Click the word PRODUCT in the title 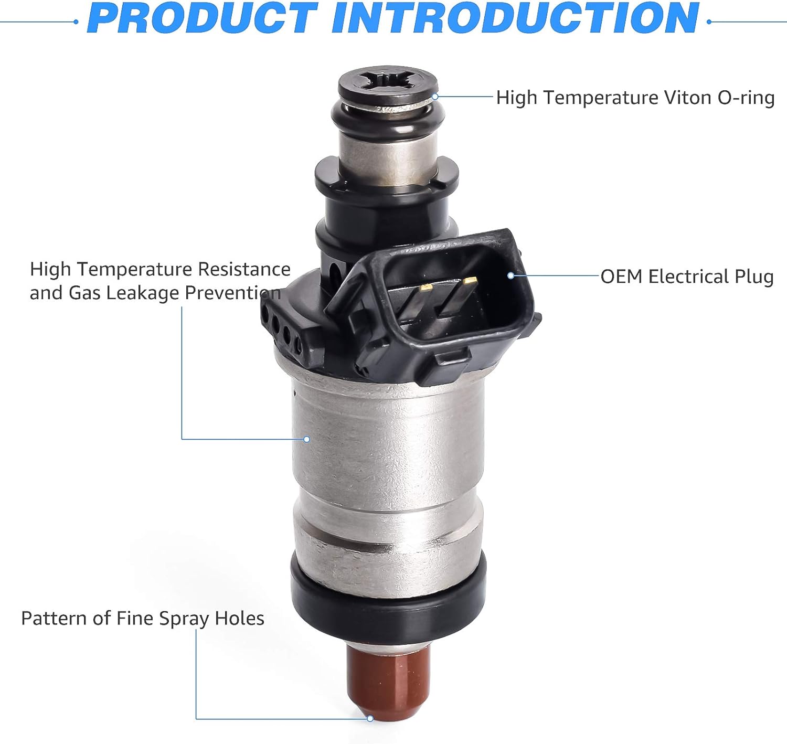(203, 19)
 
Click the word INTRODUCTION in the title (515, 19)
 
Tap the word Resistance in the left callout (244, 269)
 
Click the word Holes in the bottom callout (240, 618)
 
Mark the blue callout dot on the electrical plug (510, 275)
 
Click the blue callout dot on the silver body (307, 439)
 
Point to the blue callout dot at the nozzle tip (370, 718)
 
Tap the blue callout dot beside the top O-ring (435, 97)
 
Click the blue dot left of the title (76, 22)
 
